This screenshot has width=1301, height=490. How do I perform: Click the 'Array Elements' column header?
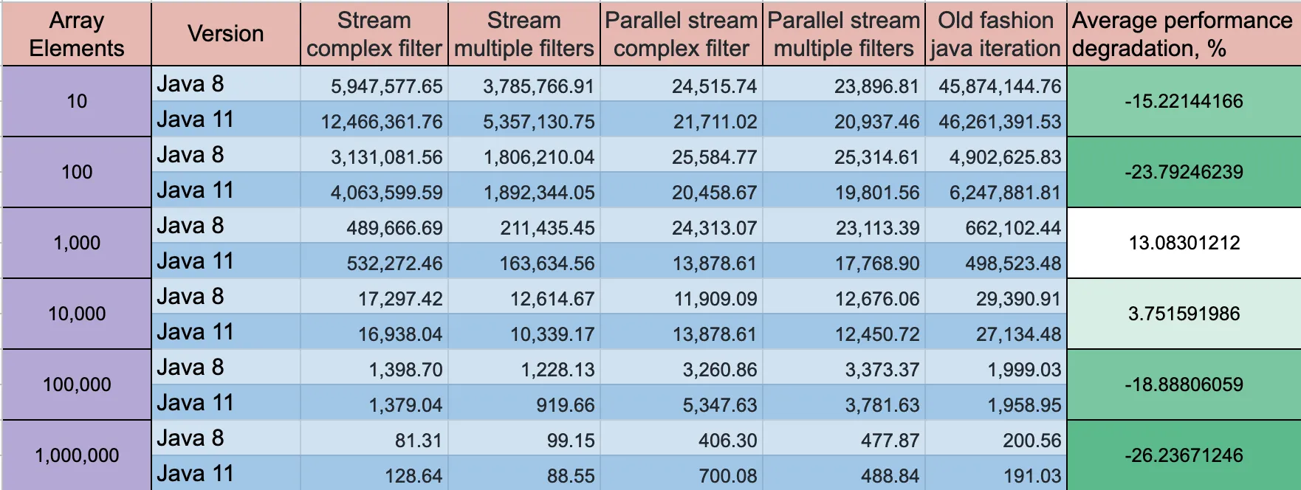77,34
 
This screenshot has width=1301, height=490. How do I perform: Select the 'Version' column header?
225,34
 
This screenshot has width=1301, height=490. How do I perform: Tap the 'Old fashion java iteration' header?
995,34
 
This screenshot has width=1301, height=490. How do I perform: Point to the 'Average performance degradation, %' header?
1183,34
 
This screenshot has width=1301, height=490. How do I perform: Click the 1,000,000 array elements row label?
77,455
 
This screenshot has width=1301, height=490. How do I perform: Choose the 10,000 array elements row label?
77,314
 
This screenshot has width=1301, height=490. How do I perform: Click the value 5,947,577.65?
386,86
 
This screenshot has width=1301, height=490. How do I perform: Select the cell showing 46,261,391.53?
999,122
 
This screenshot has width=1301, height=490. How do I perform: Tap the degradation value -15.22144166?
1184,101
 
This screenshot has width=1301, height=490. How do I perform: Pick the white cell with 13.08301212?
1184,243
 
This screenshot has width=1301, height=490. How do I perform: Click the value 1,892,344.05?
538,193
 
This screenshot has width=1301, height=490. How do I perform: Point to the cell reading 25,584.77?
714,157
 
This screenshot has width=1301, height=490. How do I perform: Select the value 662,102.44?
1012,228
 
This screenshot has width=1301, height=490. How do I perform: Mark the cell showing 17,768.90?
877,263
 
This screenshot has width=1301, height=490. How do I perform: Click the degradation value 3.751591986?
1184,314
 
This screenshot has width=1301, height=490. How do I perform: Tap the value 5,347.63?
719,405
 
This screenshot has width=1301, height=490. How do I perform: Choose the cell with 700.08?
727,476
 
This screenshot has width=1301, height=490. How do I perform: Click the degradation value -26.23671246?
1184,455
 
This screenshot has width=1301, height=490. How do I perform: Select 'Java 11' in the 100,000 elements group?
196,403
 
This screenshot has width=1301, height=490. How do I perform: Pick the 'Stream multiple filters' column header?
524,34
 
